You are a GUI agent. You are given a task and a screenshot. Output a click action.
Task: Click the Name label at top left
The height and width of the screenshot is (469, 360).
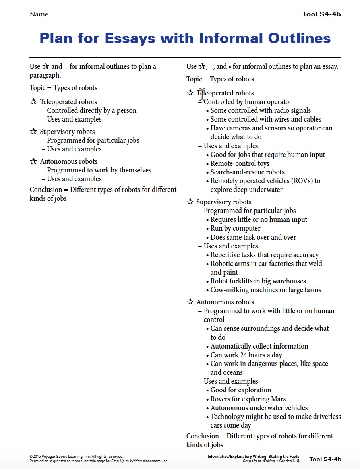pyautogui.click(x=39, y=15)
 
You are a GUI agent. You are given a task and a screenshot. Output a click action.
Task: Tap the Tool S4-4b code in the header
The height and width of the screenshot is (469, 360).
pyautogui.click(x=321, y=14)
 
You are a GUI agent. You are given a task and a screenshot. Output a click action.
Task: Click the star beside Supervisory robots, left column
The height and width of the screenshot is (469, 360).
pyautogui.click(x=34, y=132)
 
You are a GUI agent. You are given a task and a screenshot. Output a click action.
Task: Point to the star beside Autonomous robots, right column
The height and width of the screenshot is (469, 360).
pyautogui.click(x=190, y=302)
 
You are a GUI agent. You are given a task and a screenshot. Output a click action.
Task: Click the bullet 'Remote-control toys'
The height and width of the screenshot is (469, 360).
pyautogui.click(x=240, y=163)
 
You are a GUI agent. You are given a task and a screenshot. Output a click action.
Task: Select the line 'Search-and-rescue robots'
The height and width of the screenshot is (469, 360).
pyautogui.click(x=247, y=172)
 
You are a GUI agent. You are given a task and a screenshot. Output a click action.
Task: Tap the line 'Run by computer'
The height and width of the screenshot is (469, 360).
pyautogui.click(x=235, y=228)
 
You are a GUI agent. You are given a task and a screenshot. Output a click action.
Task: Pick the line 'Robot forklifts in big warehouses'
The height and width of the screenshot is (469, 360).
pyautogui.click(x=258, y=281)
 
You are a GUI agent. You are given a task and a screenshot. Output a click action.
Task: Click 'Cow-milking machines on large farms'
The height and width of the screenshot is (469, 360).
pyautogui.click(x=265, y=290)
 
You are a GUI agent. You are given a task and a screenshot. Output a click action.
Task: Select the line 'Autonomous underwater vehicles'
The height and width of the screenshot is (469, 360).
pyautogui.click(x=259, y=408)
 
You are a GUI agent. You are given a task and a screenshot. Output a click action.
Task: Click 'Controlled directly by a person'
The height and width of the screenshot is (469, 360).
pyautogui.click(x=91, y=110)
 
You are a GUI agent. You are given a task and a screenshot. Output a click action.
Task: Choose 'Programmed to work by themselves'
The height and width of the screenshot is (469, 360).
pyautogui.click(x=99, y=170)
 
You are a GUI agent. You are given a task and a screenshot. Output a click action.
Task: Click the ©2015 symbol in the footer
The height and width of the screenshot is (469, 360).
pyautogui.click(x=36, y=457)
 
